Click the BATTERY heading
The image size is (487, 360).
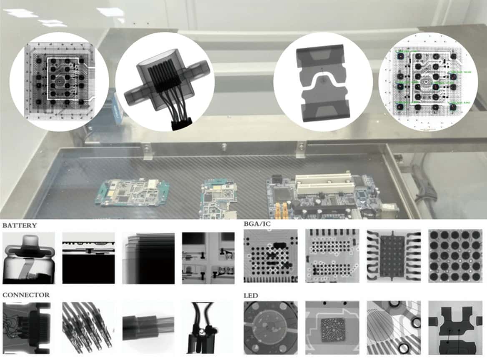[20, 225]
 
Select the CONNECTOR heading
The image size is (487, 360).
[26, 295]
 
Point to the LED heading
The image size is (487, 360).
[251, 295]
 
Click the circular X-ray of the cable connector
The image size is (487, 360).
[165, 82]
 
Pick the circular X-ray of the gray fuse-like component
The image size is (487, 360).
[323, 82]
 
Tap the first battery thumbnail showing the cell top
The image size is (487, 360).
[29, 258]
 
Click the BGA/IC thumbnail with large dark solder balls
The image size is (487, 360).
[454, 255]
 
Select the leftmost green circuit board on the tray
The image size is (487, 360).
[132, 192]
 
